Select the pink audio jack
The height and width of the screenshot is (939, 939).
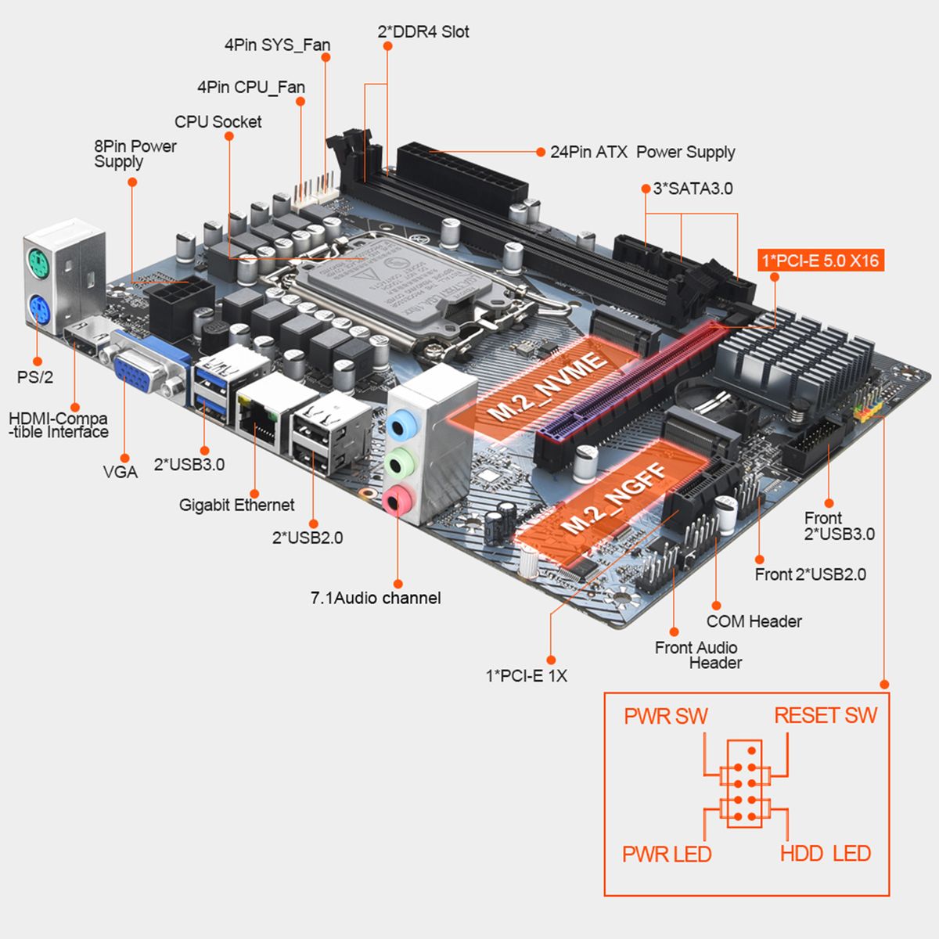[401, 498]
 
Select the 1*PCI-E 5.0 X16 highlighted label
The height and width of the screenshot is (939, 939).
[820, 260]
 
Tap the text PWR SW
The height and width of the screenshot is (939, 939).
[665, 716]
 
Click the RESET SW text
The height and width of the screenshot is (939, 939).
[826, 715]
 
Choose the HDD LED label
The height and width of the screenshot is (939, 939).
[826, 853]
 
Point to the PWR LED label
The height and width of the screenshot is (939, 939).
[667, 854]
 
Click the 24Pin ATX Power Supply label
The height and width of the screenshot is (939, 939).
[642, 152]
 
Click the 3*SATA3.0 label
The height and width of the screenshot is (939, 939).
[693, 189]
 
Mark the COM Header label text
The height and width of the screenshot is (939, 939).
[754, 621]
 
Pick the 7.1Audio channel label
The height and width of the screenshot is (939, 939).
[376, 599]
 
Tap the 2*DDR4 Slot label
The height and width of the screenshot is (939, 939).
[423, 32]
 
